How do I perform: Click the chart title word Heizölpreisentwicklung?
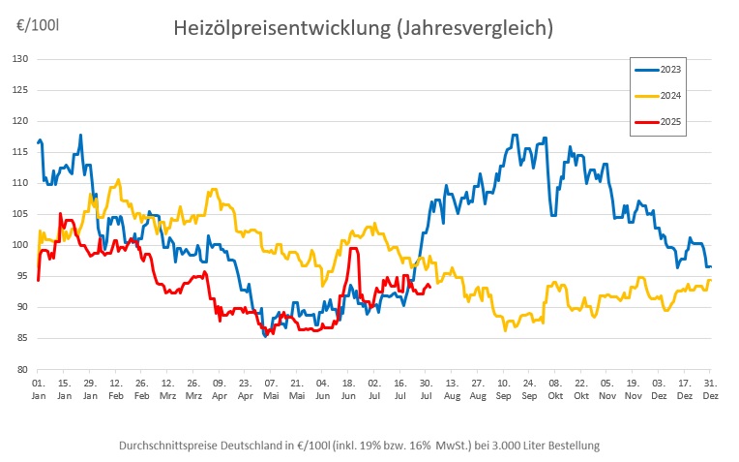(x=281, y=28)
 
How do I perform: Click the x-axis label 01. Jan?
(x=38, y=389)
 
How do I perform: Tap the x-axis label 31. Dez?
(x=710, y=389)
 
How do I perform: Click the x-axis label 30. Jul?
(x=426, y=389)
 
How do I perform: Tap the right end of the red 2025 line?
(x=429, y=285)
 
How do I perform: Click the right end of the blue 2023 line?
(x=710, y=266)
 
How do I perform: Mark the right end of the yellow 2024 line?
(x=710, y=280)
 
